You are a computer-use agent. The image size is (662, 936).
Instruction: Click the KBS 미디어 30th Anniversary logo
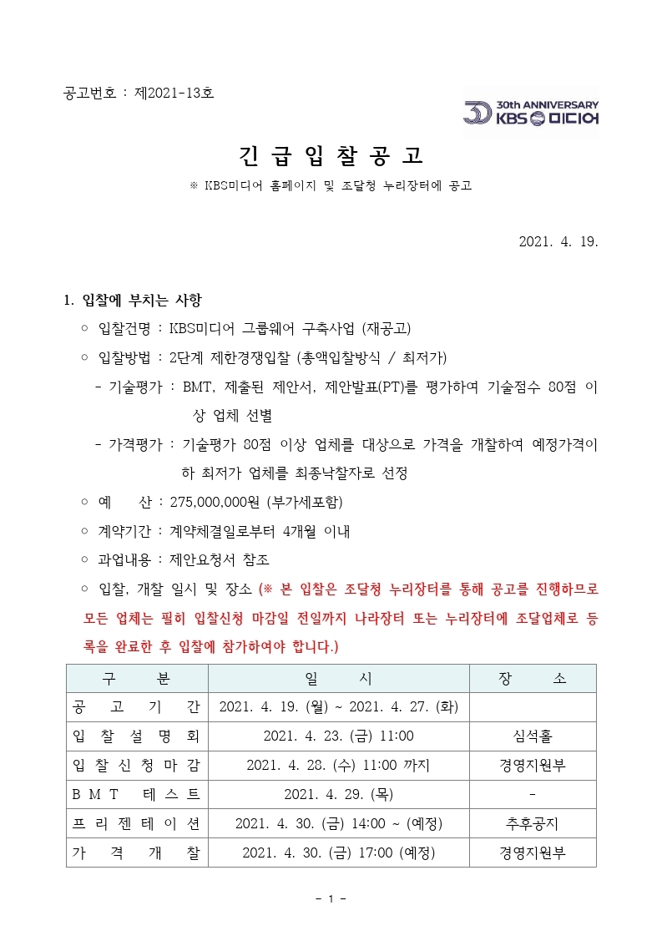click(x=531, y=113)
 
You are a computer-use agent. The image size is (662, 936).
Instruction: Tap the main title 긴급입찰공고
click(x=331, y=155)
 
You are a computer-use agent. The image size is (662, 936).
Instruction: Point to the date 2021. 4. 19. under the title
click(x=558, y=242)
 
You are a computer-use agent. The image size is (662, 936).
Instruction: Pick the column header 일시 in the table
click(x=338, y=679)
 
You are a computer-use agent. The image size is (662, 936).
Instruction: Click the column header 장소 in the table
click(x=532, y=679)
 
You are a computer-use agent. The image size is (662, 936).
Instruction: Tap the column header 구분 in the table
click(x=137, y=679)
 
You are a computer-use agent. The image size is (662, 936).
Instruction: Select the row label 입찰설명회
click(x=137, y=736)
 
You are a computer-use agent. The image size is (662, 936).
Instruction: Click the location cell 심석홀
click(x=532, y=736)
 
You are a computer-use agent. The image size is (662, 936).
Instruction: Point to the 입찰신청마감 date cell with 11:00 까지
click(x=338, y=765)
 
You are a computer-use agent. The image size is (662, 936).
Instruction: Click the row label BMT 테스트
click(x=137, y=794)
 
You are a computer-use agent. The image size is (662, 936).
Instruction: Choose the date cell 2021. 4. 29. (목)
click(x=338, y=794)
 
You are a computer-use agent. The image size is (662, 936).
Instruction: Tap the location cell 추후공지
click(x=532, y=823)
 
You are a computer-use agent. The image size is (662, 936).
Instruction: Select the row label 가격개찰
click(x=137, y=853)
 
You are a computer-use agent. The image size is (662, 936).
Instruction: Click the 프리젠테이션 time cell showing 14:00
click(x=338, y=823)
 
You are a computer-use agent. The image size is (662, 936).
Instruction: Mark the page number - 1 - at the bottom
click(x=331, y=898)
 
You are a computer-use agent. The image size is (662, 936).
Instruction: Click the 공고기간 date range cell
click(x=338, y=707)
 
